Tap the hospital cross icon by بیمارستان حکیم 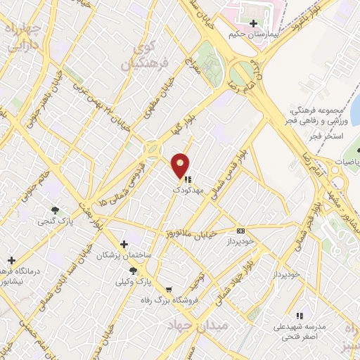tap(253, 23)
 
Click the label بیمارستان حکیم tap(254, 34)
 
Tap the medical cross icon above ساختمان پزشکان tap(124, 245)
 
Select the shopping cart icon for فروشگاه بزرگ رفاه tap(168, 289)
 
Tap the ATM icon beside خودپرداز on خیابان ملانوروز tap(241, 231)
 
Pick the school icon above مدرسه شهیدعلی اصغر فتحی tap(300, 316)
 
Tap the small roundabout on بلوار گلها tap(151, 149)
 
